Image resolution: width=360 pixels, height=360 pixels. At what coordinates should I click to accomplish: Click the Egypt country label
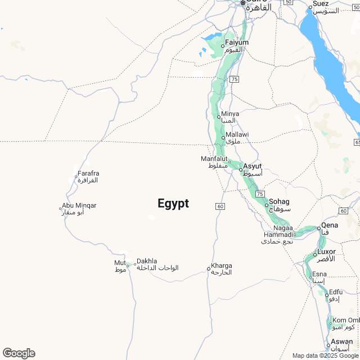click(173, 204)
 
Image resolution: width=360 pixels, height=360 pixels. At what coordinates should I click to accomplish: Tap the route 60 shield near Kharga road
click(220, 206)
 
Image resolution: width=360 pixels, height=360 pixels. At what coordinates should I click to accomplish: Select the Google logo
click(19, 353)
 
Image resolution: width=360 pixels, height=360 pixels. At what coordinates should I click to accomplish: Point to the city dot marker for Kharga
click(208, 268)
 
